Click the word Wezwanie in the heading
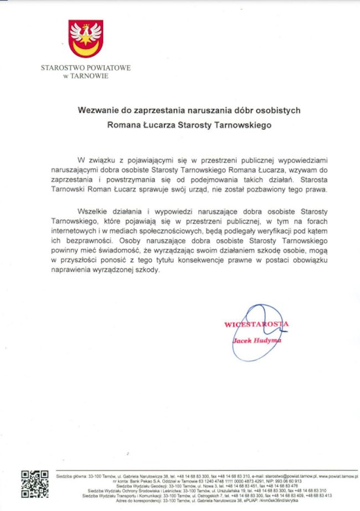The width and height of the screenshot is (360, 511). point(95,110)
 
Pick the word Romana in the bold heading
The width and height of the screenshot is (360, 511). point(125,125)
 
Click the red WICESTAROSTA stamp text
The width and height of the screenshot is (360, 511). point(256,324)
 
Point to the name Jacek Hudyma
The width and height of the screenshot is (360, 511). point(256,341)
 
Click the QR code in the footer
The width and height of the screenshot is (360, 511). point(34,484)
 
